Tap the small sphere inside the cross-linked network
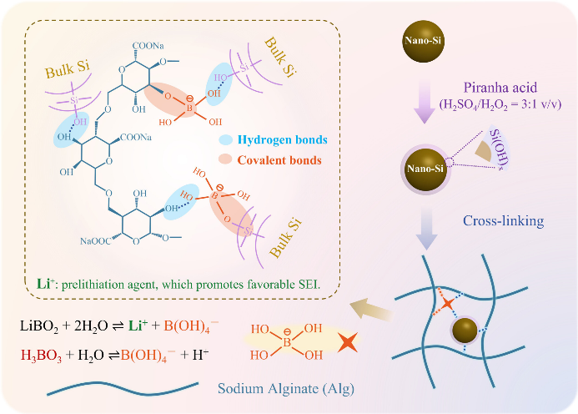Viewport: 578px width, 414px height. click(464, 332)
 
